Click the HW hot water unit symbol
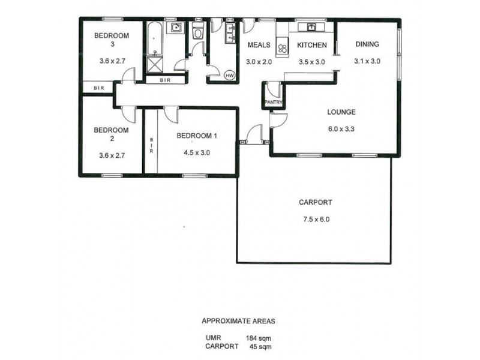click(x=230, y=76)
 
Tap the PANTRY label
click(x=273, y=103)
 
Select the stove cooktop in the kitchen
click(x=282, y=47)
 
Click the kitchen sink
click(x=311, y=27)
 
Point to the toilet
click(x=198, y=31)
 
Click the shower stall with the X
click(x=155, y=65)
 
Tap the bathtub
click(x=155, y=39)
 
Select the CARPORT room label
click(x=316, y=202)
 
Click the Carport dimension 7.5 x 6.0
click(x=316, y=219)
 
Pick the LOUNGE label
click(x=341, y=112)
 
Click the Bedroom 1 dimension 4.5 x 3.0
click(x=197, y=152)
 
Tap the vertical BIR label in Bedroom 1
click(x=151, y=145)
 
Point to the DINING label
click(x=367, y=44)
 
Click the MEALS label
click(x=259, y=45)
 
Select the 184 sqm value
click(x=259, y=338)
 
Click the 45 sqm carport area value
click(x=261, y=347)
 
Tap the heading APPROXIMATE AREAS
click(x=238, y=321)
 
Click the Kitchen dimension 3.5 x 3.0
click(x=311, y=62)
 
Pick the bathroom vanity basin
click(x=176, y=28)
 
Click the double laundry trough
click(x=230, y=33)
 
